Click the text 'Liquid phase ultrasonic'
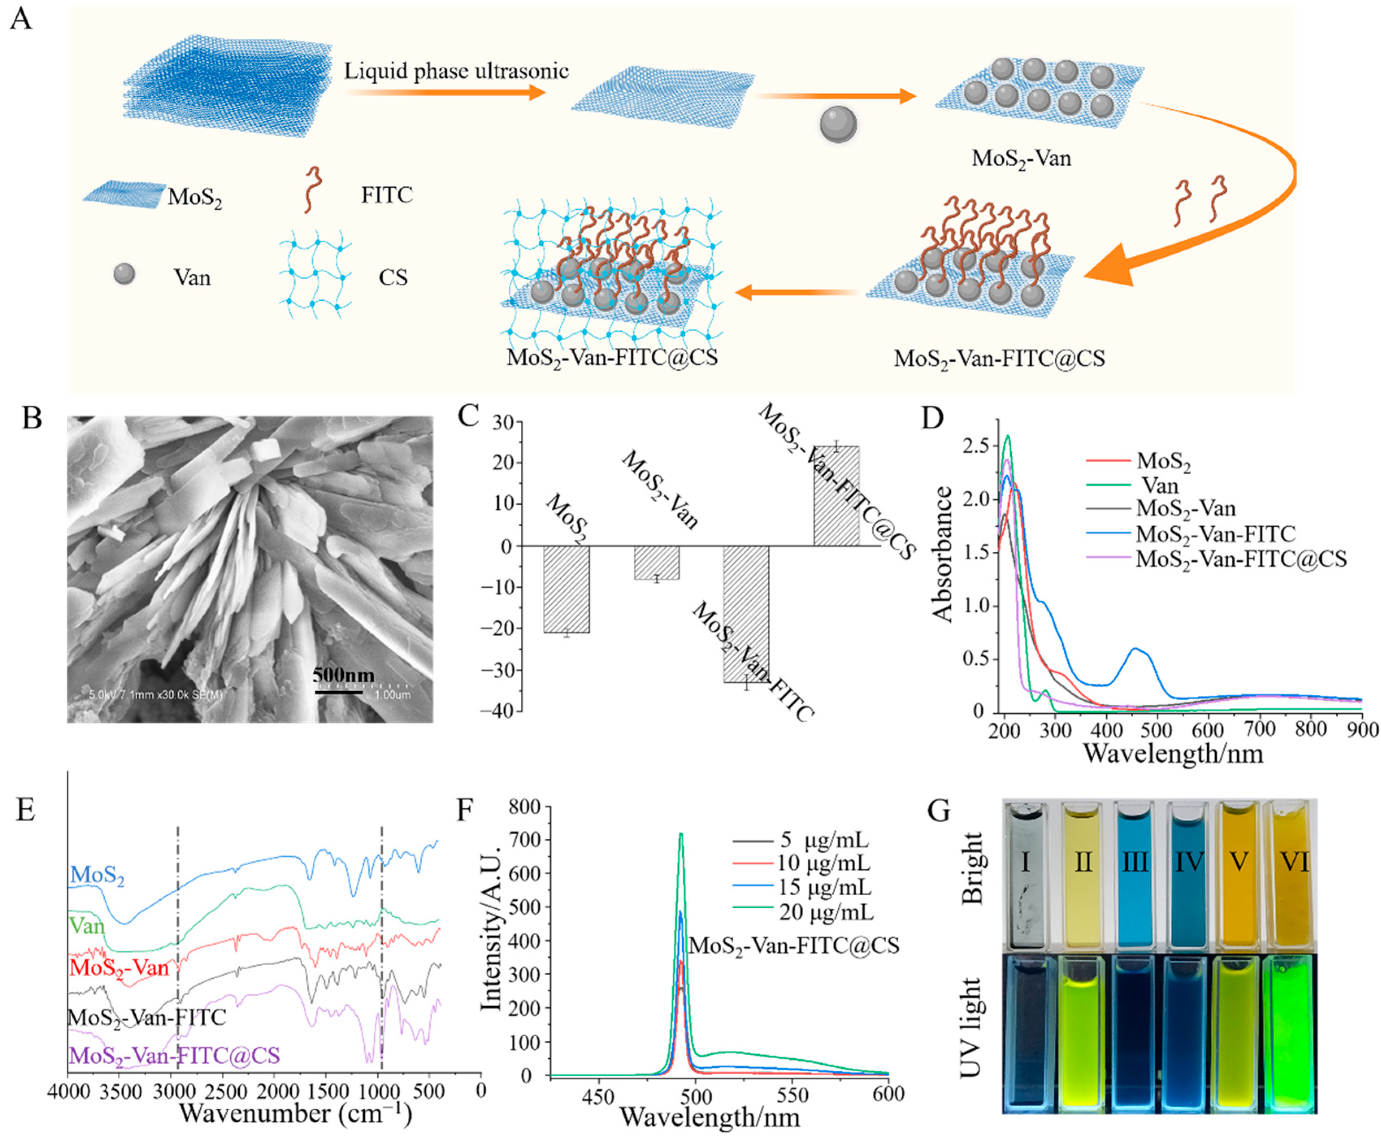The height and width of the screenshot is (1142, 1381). [x=456, y=71]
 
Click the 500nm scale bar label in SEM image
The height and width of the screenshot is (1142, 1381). [x=343, y=675]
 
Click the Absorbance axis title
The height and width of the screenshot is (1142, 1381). [x=943, y=554]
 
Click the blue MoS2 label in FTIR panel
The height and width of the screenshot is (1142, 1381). [x=98, y=875]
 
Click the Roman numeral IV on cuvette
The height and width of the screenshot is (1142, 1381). [x=1189, y=862]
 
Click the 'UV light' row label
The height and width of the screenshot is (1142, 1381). [x=971, y=1027]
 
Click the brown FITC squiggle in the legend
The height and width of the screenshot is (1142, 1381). [x=312, y=189]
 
